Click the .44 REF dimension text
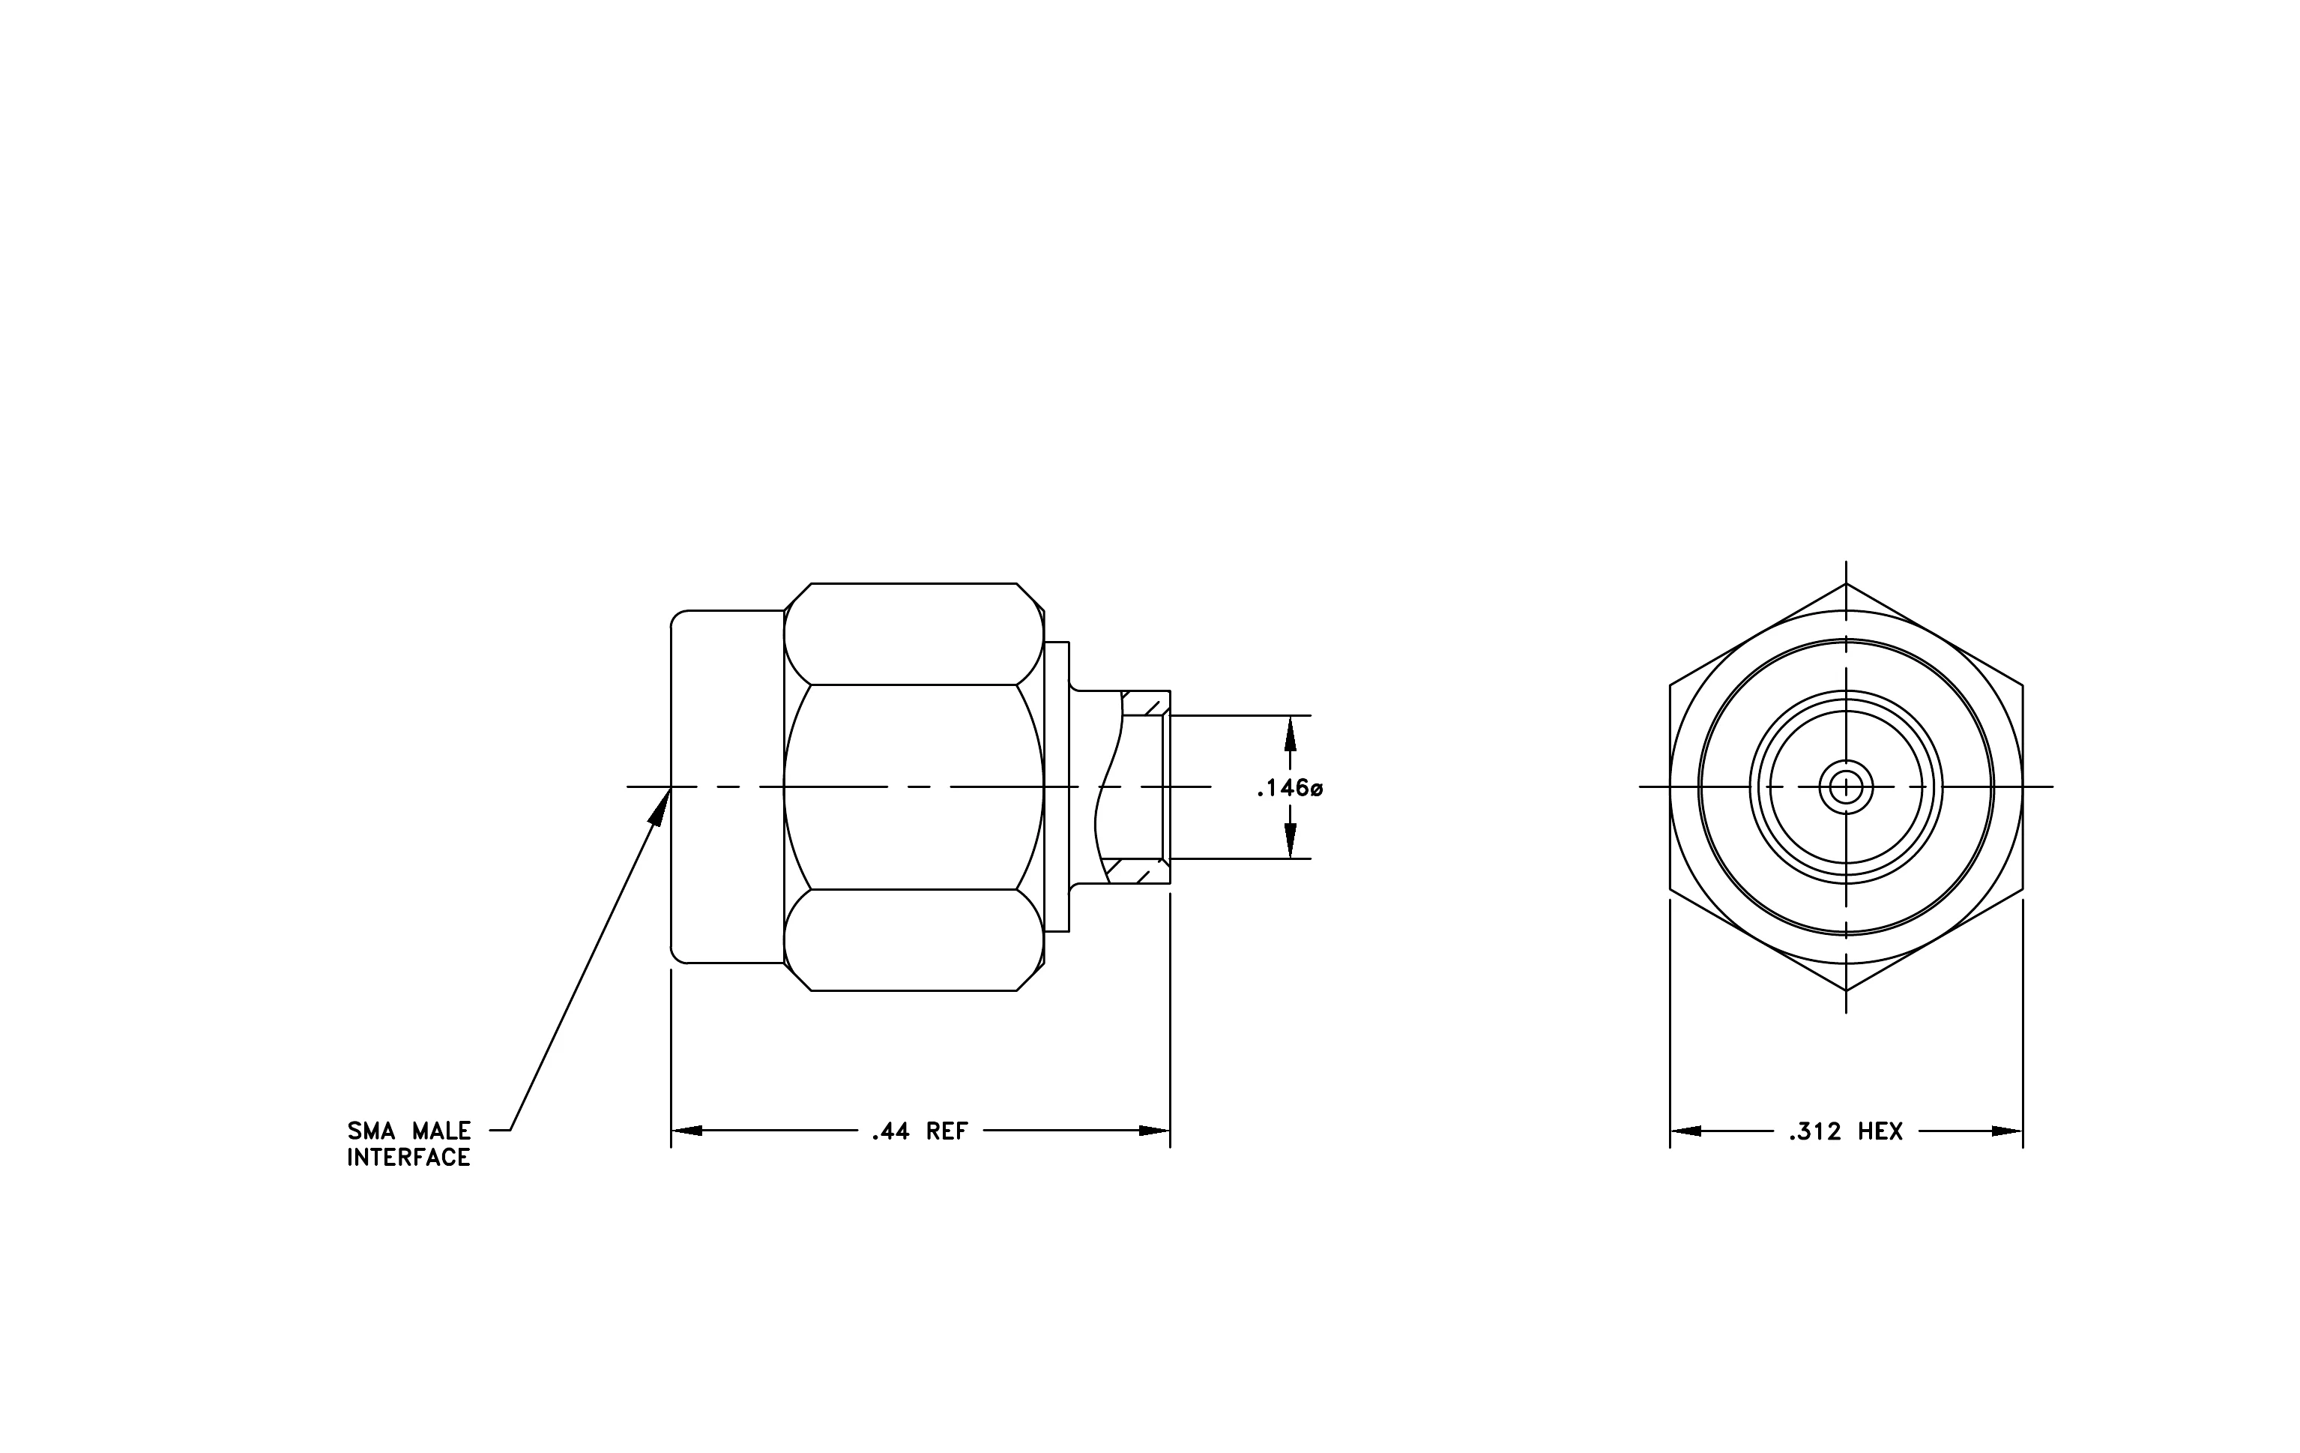920,1132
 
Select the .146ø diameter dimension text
1290,789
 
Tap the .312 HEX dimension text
1847,1132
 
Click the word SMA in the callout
371,1131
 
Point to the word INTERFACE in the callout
408,1158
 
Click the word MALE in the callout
441,1131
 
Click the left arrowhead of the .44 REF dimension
686,1131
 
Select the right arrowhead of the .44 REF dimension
1154,1131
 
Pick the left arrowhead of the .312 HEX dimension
1685,1131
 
